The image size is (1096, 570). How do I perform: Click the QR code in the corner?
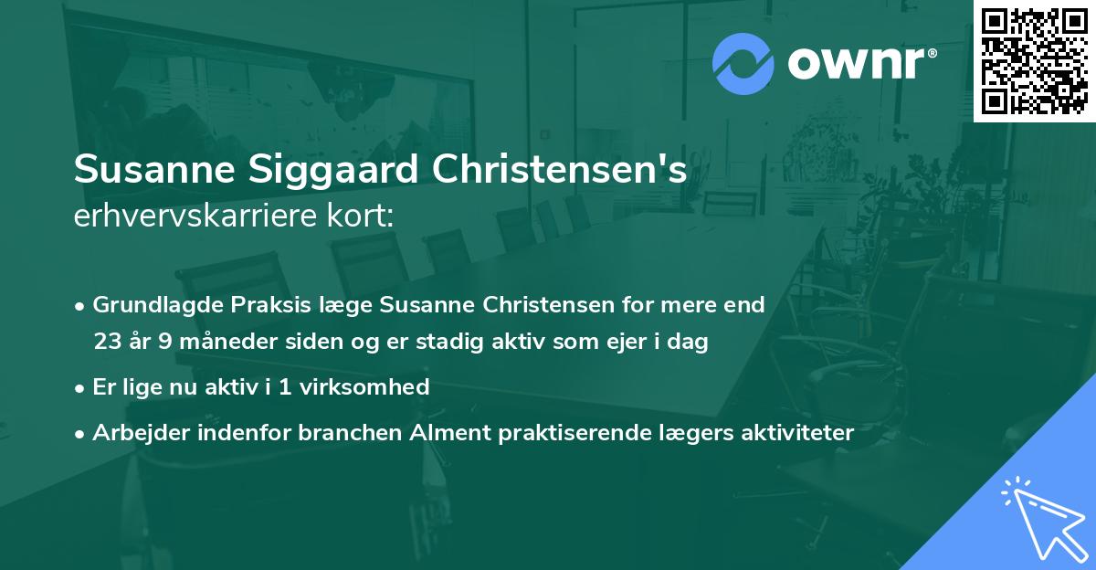(x=1034, y=61)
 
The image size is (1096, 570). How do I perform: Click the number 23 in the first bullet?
(x=107, y=342)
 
